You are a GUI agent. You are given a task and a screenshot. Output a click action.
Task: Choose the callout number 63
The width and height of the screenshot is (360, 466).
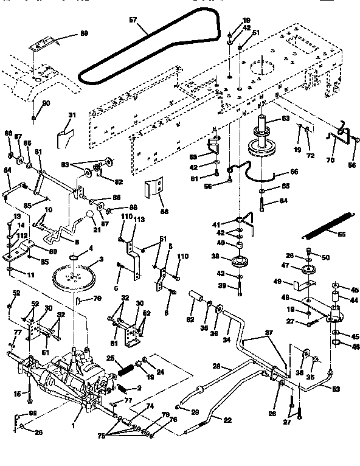[285, 119]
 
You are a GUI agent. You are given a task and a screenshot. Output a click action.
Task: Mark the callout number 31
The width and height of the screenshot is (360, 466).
[71, 115]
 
